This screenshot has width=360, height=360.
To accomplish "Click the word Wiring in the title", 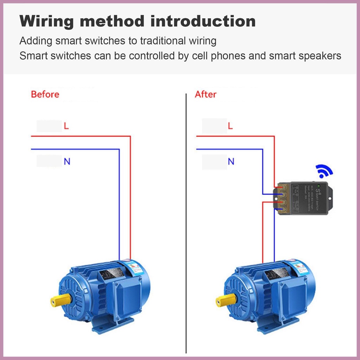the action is [x=46, y=22].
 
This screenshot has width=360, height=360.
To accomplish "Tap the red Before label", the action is [x=45, y=94].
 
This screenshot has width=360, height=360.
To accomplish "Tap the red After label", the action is [x=206, y=94].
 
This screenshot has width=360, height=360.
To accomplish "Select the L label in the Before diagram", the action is [x=66, y=126].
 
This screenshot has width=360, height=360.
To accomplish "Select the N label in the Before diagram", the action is [x=67, y=162].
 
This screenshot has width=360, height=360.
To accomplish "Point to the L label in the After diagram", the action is [x=230, y=126].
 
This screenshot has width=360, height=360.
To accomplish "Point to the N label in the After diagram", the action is [x=231, y=162].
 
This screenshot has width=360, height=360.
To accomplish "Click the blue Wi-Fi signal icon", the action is [x=324, y=171].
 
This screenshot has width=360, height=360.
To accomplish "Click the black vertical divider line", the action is [x=186, y=225].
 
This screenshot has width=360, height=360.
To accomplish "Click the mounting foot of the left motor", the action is [x=112, y=325].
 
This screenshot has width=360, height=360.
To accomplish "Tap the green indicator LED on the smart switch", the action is [x=319, y=185].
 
